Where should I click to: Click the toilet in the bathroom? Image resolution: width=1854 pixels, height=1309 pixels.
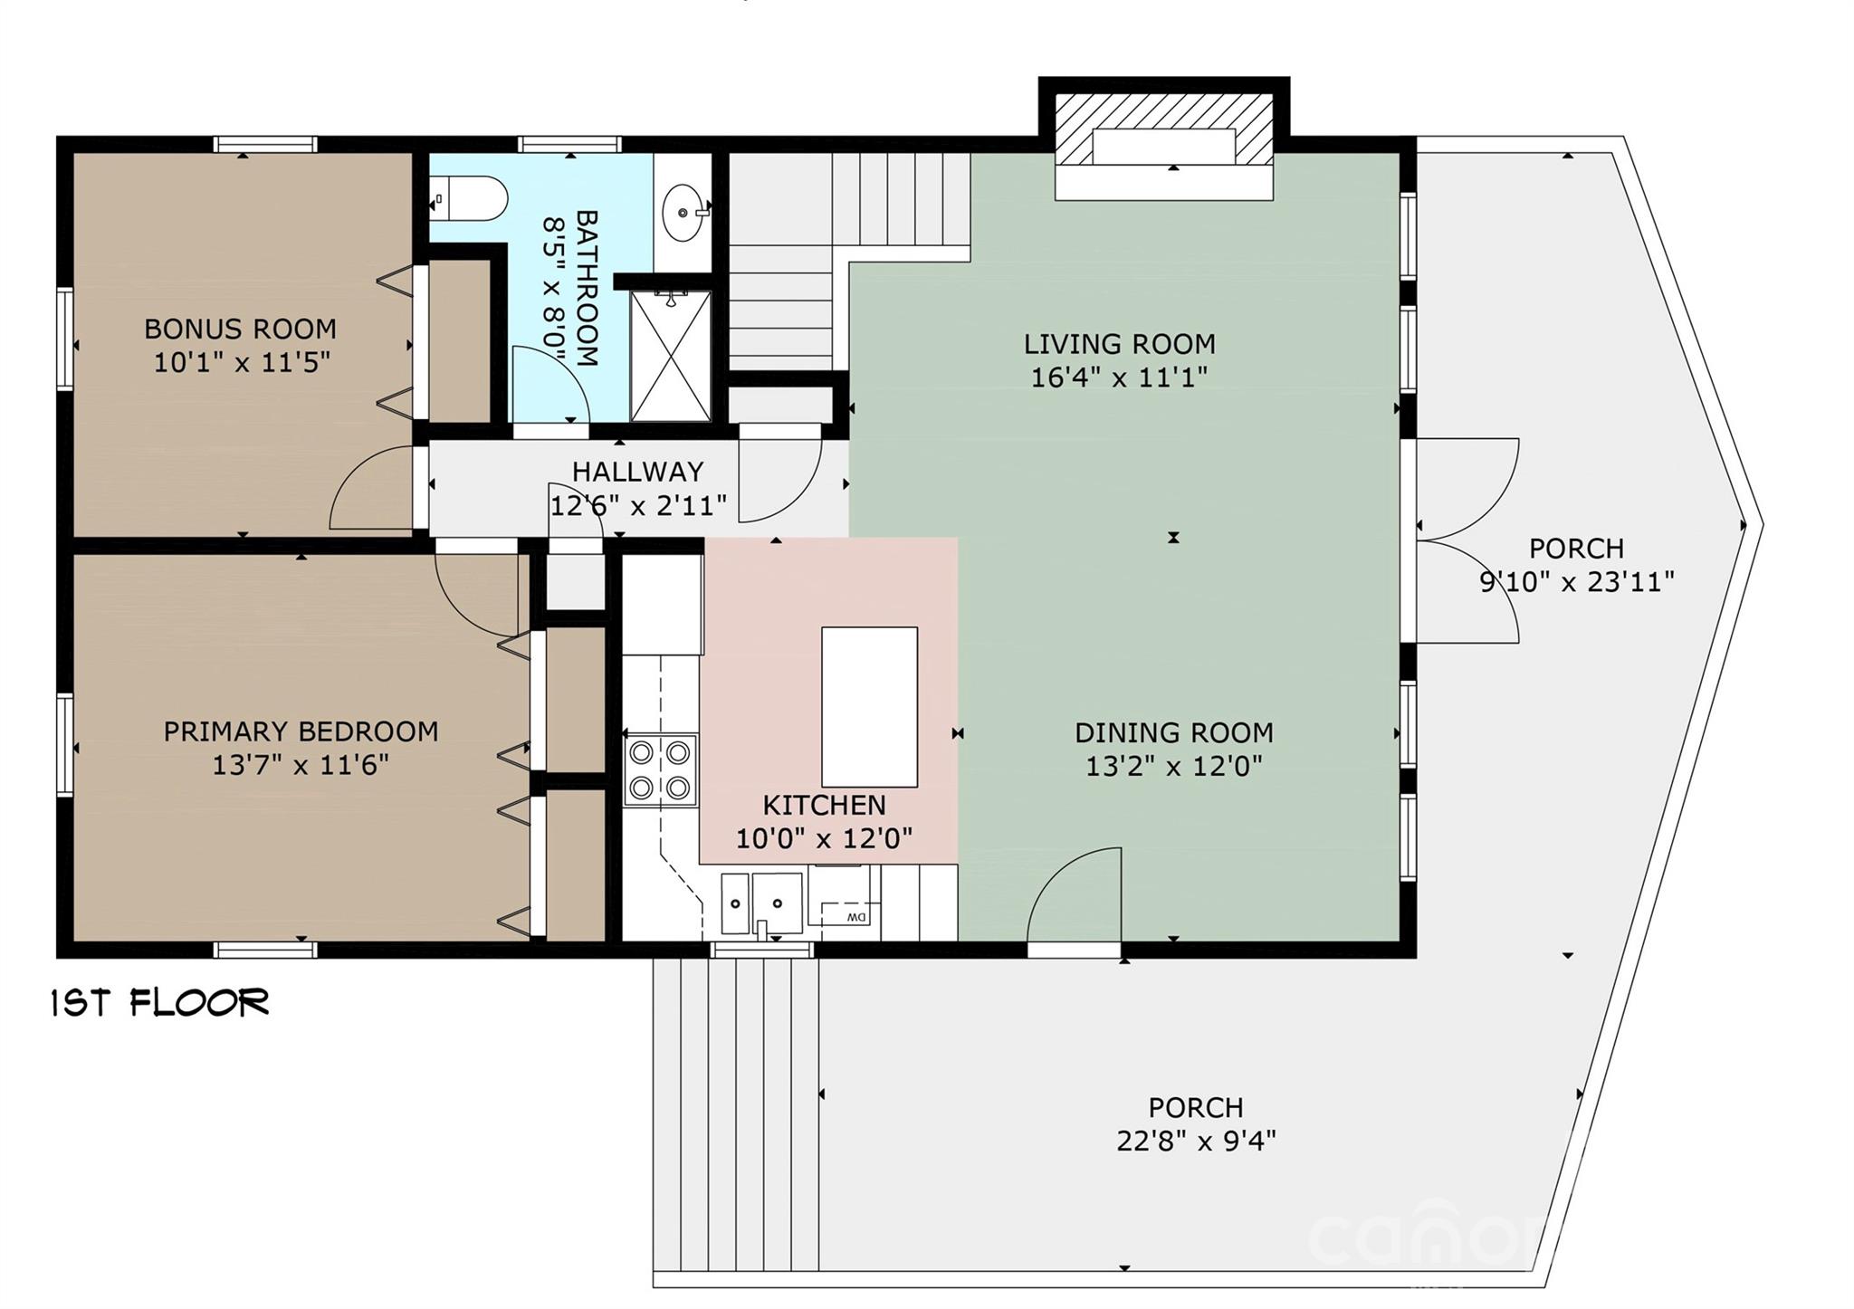coord(471,197)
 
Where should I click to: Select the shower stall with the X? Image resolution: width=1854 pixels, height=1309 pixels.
coord(671,356)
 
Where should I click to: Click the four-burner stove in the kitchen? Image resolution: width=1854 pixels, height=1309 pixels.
coord(660,769)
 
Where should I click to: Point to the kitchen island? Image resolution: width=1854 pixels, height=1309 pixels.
coord(869,706)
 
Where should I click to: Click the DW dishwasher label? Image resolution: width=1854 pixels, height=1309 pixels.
coord(855,918)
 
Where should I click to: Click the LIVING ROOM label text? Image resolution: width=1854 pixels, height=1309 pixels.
coord(1119,344)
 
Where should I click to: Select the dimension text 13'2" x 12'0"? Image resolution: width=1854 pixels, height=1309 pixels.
coord(1173,767)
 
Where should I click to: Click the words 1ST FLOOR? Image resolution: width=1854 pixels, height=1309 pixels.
coord(160,1003)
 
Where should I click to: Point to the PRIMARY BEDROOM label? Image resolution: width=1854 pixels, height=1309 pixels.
coord(301,731)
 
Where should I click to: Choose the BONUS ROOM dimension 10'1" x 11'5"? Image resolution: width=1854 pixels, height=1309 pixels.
coord(241,363)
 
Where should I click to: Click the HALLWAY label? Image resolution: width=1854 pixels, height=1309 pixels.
coord(637,472)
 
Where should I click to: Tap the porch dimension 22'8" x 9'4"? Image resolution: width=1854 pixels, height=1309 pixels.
coord(1196,1141)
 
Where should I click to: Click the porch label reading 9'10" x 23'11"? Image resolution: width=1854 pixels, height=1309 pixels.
coord(1576,582)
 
